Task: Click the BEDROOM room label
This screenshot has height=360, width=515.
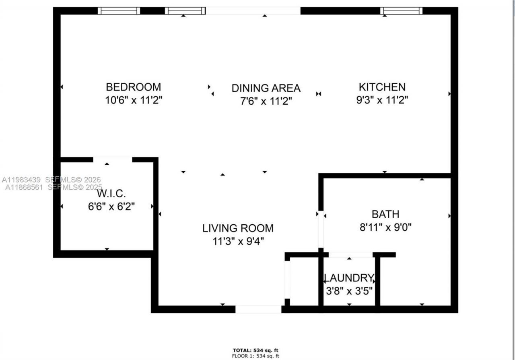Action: [133, 87]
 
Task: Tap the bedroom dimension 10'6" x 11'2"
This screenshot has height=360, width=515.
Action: [133, 100]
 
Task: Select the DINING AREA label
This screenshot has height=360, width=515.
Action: [266, 88]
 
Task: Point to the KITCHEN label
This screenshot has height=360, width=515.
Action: [382, 87]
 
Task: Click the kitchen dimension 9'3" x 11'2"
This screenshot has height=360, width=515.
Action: [382, 100]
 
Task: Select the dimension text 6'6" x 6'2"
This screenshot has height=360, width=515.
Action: [111, 207]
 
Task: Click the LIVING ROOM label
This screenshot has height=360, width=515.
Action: [238, 228]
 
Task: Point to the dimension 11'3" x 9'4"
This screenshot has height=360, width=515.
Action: [238, 241]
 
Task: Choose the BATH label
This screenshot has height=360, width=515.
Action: [385, 214]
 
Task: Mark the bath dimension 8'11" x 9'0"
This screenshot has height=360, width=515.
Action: [385, 228]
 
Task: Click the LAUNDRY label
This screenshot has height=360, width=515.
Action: [349, 278]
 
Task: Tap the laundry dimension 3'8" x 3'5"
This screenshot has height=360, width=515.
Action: [349, 290]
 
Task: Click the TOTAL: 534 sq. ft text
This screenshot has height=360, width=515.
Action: [255, 350]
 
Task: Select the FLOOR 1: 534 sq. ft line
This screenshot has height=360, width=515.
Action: [255, 356]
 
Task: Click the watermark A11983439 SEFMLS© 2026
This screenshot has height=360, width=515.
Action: [51, 180]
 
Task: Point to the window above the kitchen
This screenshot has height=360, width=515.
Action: [401, 11]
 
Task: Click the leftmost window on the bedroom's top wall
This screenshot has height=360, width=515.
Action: [119, 11]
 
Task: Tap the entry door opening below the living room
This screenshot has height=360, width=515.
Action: [258, 309]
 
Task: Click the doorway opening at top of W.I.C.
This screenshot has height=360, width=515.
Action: [113, 160]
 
